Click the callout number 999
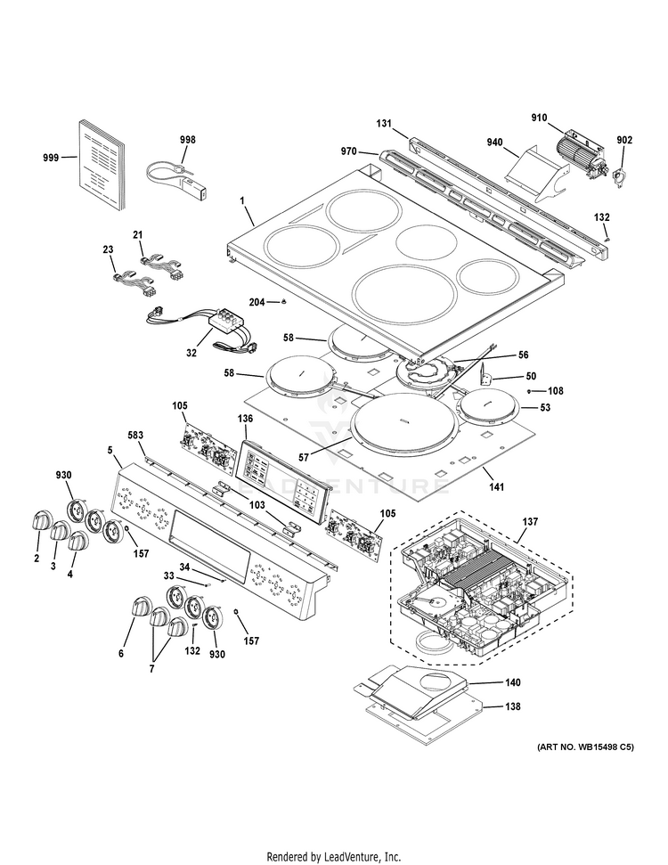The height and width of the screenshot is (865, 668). [x=51, y=158]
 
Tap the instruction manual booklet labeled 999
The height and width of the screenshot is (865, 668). [x=98, y=165]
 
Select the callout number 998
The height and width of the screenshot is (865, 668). [x=187, y=140]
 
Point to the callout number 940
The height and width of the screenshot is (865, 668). [x=495, y=142]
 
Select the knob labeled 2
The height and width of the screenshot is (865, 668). [x=41, y=520]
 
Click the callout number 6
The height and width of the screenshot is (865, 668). [x=121, y=653]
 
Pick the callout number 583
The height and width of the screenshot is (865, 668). [x=135, y=436]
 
